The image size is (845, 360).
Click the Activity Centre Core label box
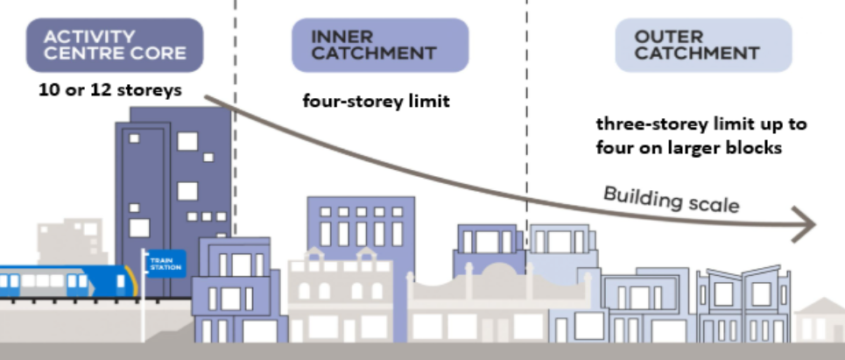click(114, 46)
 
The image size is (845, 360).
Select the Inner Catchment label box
click(379, 46)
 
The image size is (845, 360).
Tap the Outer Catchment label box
click(703, 46)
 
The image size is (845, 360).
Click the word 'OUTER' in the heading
click(667, 38)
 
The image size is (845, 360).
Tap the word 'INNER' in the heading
click(342, 38)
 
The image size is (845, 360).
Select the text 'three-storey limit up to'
click(701, 124)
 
